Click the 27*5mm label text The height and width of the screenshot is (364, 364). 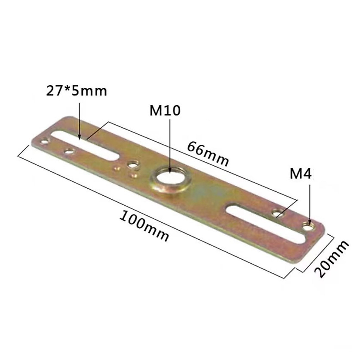coord(76,91)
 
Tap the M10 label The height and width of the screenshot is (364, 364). coord(165,111)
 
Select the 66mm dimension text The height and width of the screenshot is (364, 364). coord(207,154)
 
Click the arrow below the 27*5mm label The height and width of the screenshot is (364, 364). coord(79,121)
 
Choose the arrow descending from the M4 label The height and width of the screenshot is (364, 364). coord(309,203)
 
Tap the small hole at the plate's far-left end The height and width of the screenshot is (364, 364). coord(45,141)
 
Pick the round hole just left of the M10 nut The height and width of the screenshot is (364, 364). coord(132,165)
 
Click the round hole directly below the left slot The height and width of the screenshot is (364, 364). coord(70,150)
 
